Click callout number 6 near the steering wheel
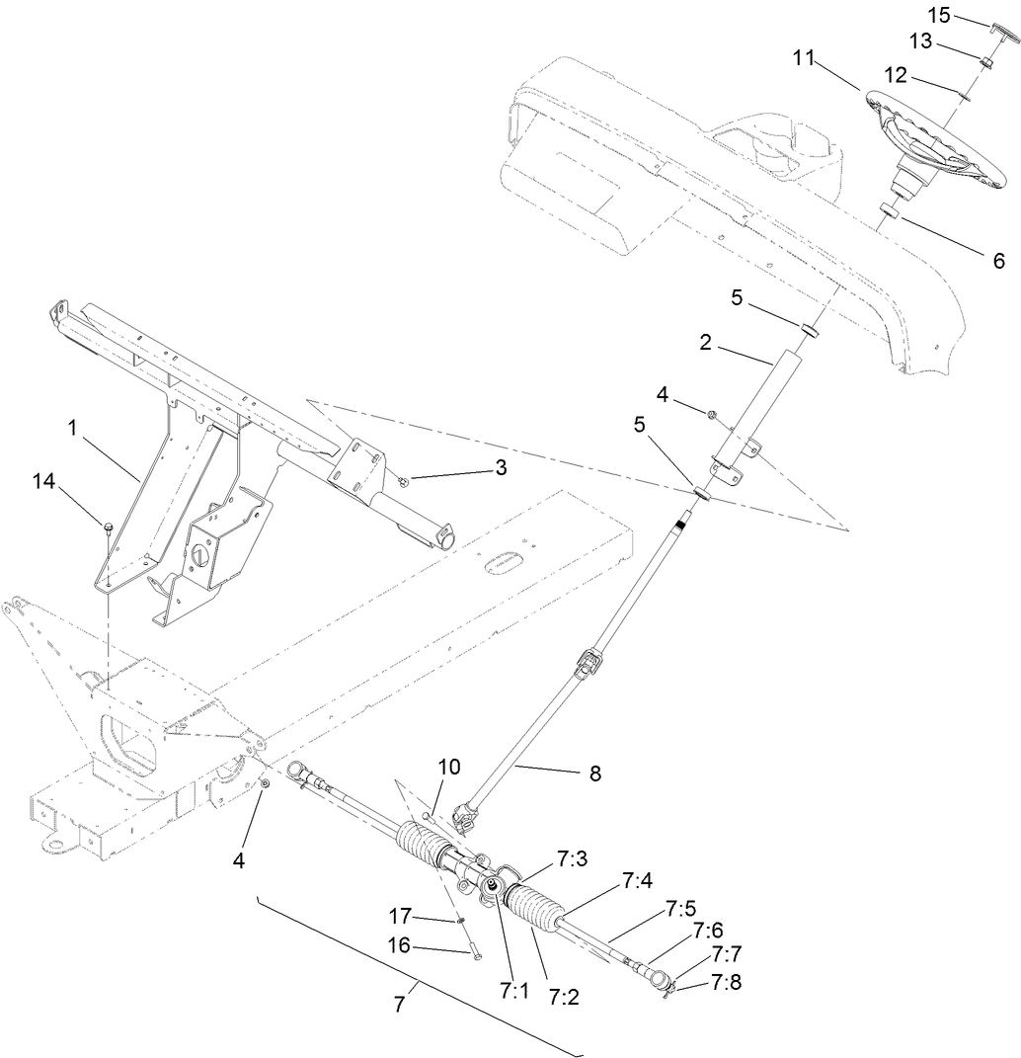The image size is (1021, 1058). pos(998,261)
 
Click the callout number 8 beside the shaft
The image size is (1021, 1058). pos(593,774)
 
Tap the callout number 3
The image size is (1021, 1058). pos(501,467)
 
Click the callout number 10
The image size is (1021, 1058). pos(449,767)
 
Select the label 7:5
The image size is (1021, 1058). pos(680,906)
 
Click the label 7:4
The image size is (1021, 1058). pos(636,879)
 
